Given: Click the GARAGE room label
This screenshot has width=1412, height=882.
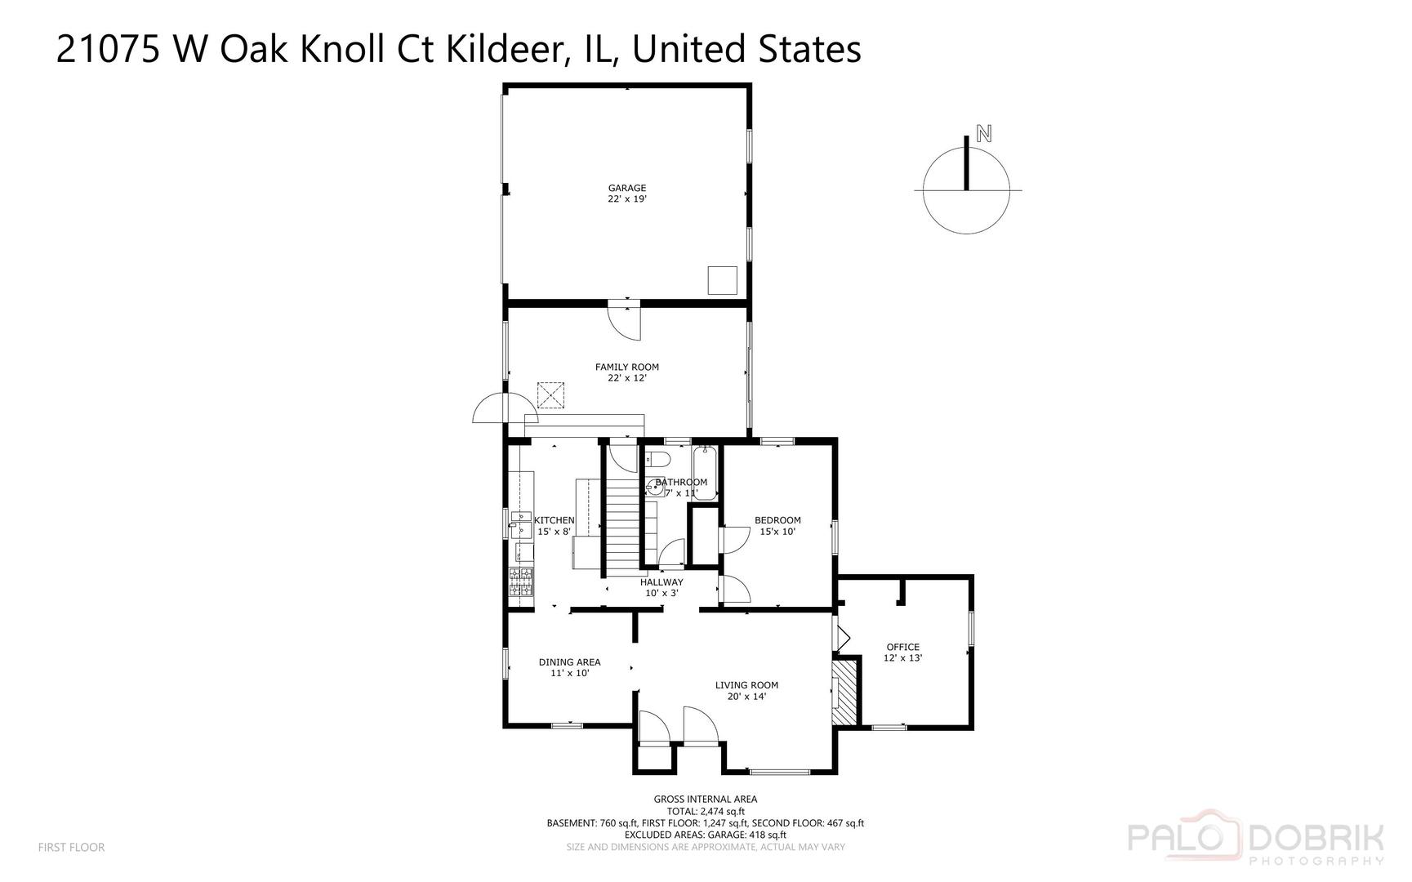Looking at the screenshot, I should pyautogui.click(x=626, y=189).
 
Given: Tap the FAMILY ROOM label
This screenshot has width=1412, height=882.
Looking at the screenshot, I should pyautogui.click(x=626, y=367).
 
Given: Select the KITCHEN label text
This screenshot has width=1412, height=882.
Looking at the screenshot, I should pyautogui.click(x=555, y=520).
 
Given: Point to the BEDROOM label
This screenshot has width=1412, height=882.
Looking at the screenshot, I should pyautogui.click(x=777, y=520).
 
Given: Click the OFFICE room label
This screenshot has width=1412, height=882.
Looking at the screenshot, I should pyautogui.click(x=902, y=647).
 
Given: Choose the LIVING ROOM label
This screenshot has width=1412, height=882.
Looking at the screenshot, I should pyautogui.click(x=746, y=685).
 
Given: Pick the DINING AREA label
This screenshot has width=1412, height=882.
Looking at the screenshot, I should pyautogui.click(x=569, y=662).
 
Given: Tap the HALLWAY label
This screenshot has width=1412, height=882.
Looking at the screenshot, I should pyautogui.click(x=661, y=582).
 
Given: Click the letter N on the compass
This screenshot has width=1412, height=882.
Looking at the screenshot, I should pyautogui.click(x=984, y=134).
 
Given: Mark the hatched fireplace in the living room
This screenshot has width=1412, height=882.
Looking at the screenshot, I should pyautogui.click(x=846, y=691).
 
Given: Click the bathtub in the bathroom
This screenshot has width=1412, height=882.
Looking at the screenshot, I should pyautogui.click(x=704, y=474).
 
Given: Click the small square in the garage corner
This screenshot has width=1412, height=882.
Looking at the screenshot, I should pyautogui.click(x=722, y=280).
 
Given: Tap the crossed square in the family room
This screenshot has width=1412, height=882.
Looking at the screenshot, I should pyautogui.click(x=551, y=395).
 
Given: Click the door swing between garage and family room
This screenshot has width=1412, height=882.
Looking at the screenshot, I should pyautogui.click(x=626, y=323).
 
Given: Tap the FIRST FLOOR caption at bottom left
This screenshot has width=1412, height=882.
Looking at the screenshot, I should pyautogui.click(x=71, y=848).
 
